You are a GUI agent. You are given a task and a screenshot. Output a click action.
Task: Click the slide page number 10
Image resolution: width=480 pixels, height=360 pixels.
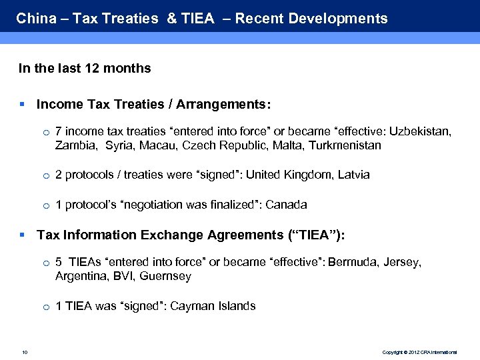click(x=24, y=351)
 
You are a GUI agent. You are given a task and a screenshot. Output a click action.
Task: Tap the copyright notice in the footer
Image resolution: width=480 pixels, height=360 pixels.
click(x=419, y=351)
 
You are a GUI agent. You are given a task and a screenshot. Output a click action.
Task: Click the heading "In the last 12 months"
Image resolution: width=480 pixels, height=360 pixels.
click(x=85, y=68)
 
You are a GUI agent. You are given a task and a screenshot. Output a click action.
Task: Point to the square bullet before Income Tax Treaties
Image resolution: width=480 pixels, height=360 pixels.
click(x=23, y=104)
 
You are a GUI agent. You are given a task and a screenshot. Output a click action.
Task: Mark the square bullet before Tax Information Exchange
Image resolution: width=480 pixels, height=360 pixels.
click(x=23, y=235)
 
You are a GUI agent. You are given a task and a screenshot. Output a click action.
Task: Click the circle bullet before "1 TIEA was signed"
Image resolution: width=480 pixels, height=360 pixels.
click(x=45, y=307)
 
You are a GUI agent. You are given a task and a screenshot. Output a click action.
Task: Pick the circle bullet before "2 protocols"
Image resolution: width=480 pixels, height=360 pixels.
click(x=45, y=175)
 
